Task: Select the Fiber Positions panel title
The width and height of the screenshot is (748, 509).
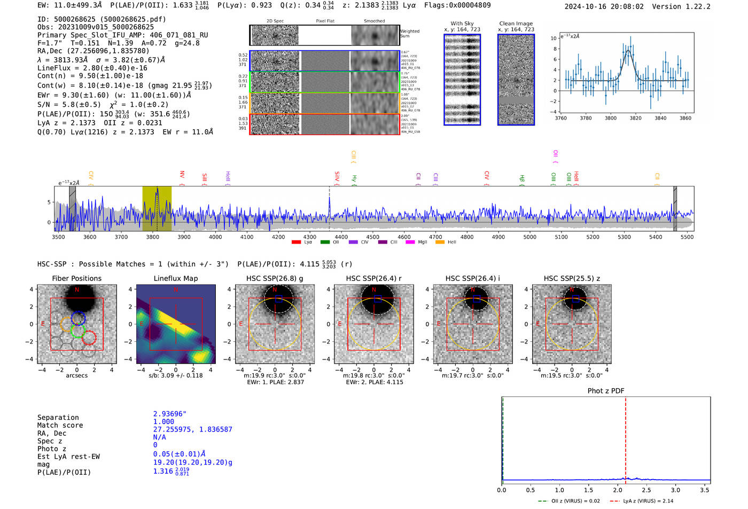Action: click(76, 278)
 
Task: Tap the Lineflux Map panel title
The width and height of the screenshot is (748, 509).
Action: click(175, 278)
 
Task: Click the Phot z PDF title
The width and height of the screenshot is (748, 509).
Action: click(605, 391)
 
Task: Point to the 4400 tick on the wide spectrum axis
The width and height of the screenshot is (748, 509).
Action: click(341, 237)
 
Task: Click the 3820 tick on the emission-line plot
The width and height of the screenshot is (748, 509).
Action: click(635, 118)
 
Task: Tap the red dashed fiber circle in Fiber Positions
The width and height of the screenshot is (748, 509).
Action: click(89, 338)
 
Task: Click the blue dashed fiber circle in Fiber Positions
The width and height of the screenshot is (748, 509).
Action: click(78, 318)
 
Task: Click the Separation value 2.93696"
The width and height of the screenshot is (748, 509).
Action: click(169, 414)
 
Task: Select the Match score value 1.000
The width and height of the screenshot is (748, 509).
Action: click(163, 421)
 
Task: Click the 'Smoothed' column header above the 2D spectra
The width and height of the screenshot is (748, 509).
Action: click(374, 21)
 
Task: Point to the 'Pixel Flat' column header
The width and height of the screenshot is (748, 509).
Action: click(325, 21)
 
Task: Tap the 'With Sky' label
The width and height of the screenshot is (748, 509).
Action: click(462, 24)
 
